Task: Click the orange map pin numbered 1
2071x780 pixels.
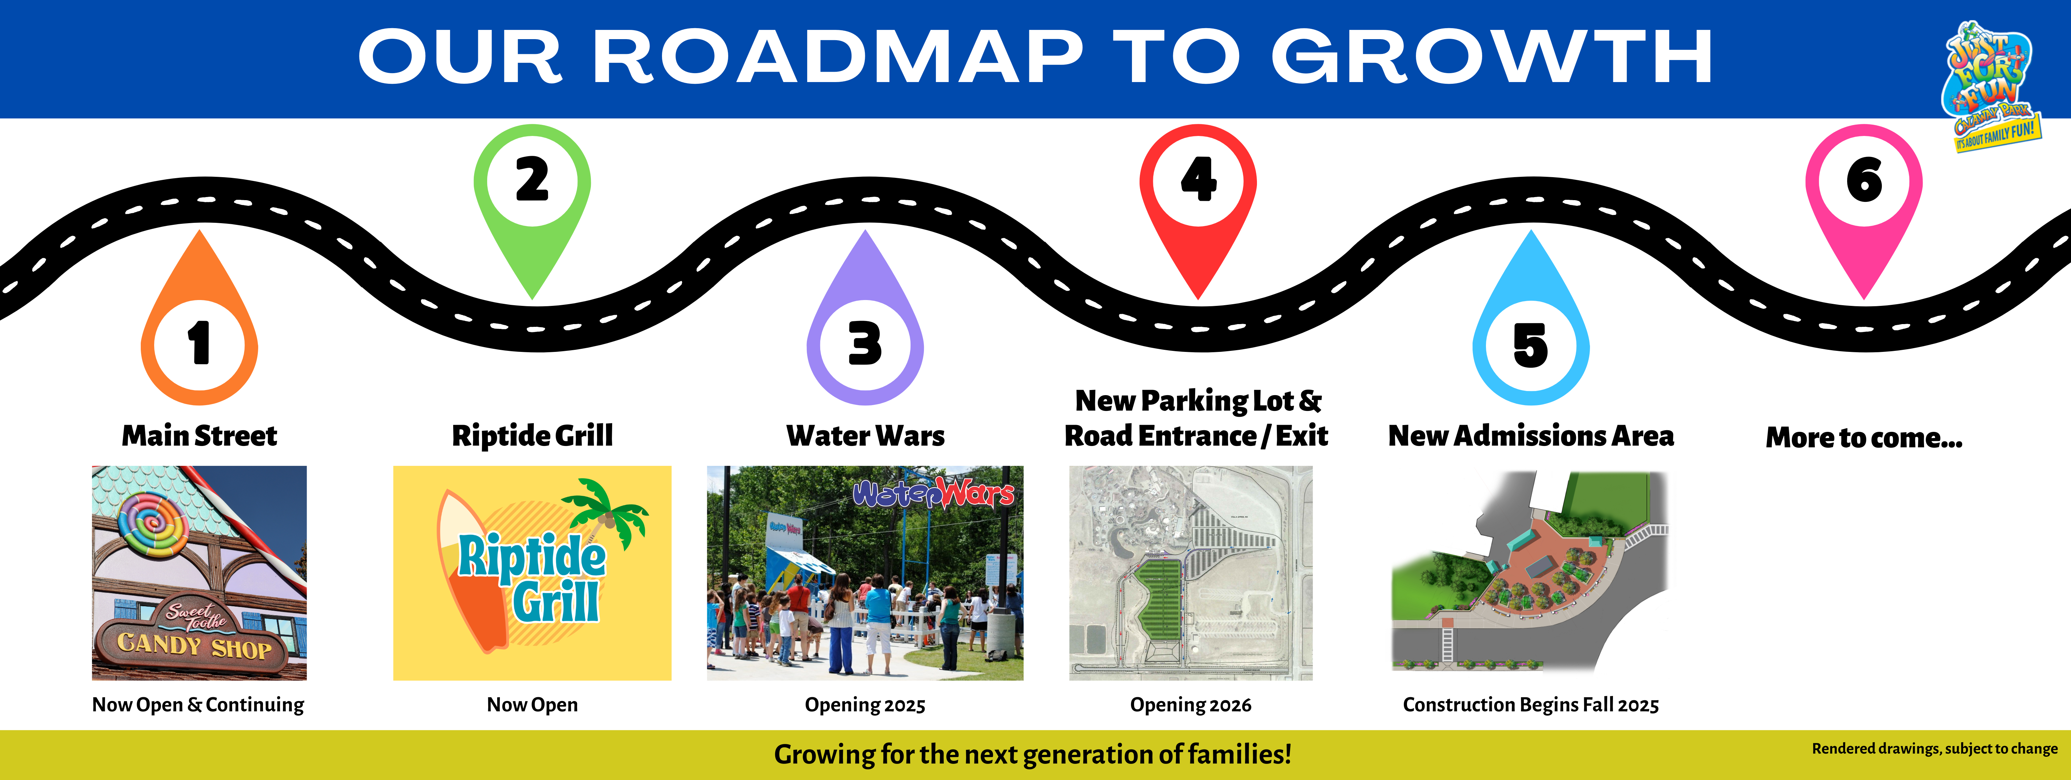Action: [199, 322]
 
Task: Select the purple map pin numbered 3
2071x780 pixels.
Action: [865, 322]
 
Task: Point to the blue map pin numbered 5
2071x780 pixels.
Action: [1531, 322]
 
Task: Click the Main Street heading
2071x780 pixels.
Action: [199, 436]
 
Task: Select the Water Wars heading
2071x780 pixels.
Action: [865, 436]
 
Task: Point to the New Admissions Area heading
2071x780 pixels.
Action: [1531, 436]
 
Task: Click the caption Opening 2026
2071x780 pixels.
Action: [1191, 705]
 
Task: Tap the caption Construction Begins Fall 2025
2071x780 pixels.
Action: [1531, 705]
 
